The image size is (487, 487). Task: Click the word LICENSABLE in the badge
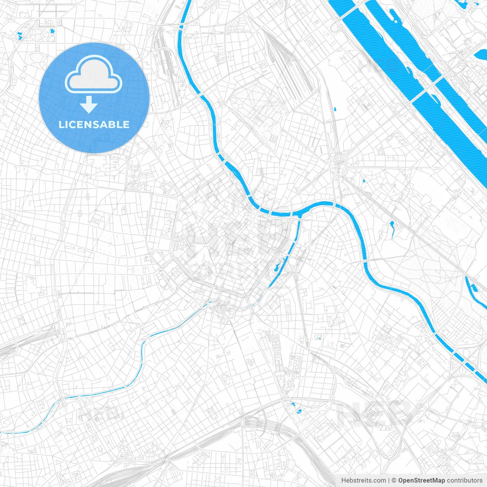(x=94, y=124)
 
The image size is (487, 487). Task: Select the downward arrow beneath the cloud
(x=89, y=105)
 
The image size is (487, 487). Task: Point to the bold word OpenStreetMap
(x=422, y=481)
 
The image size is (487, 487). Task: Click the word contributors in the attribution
(x=465, y=481)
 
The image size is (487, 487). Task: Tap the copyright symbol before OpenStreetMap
(x=394, y=481)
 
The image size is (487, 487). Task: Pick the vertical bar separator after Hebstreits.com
(x=389, y=481)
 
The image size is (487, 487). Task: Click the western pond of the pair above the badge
(x=19, y=37)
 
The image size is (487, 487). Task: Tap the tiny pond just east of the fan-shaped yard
(x=335, y=109)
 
